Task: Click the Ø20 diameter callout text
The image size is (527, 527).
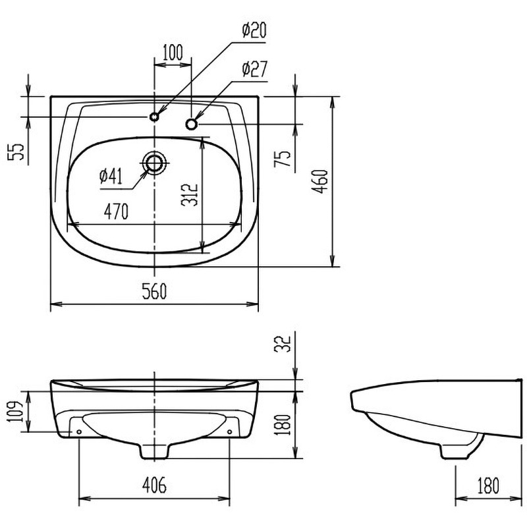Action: point(254,30)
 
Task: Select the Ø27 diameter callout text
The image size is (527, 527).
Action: point(254,69)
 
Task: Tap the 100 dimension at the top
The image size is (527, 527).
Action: point(173,52)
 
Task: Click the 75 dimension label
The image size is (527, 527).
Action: point(283,159)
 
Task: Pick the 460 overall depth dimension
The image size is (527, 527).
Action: point(320,182)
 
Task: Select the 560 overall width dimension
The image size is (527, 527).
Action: point(154,291)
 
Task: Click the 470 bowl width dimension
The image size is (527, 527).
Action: point(116,211)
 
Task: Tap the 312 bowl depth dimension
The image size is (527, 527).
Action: point(190,195)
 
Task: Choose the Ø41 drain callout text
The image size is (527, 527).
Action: point(111,176)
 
